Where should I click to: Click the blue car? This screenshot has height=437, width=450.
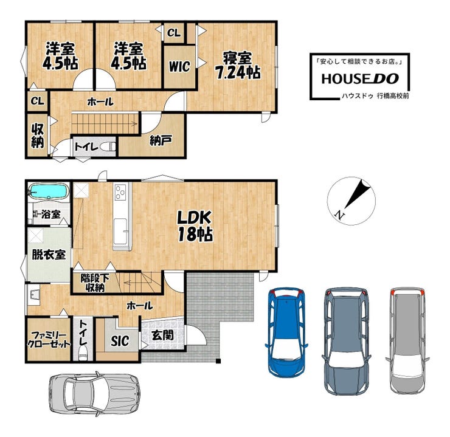[286, 332]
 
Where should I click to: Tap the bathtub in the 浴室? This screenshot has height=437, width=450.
[49, 191]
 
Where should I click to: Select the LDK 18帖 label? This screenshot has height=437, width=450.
[195, 226]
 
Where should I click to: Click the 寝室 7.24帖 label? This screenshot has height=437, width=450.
[238, 66]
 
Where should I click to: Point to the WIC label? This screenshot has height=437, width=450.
[179, 66]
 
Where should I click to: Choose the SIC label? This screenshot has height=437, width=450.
[120, 340]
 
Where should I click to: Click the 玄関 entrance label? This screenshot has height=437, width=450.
[163, 335]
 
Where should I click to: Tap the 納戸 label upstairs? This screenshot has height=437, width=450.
[161, 140]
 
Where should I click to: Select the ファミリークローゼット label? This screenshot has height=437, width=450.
[49, 340]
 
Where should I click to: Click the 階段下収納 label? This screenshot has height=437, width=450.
[95, 283]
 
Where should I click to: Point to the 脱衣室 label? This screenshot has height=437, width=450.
[49, 254]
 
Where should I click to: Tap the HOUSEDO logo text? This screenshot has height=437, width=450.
[360, 79]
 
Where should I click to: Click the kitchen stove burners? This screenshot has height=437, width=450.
[120, 192]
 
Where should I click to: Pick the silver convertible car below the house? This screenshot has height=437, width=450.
[94, 394]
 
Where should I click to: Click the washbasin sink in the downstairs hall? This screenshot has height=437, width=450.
[34, 295]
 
